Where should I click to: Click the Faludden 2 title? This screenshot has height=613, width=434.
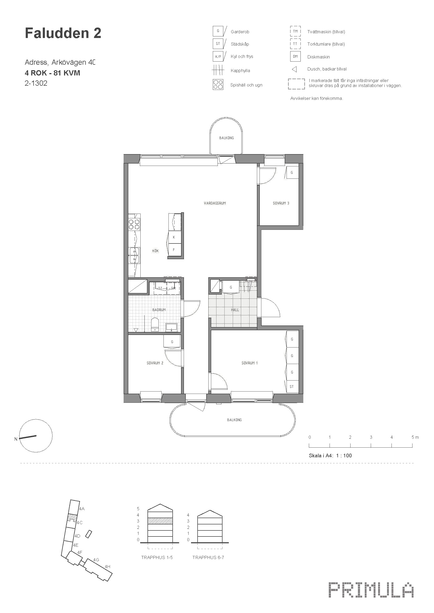click(63, 33)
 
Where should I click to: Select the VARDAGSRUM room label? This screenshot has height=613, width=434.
click(215, 203)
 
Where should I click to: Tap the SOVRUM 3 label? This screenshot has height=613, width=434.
click(281, 203)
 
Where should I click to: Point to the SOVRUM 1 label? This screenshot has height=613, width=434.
click(250, 363)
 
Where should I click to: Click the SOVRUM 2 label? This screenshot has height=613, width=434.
click(155, 363)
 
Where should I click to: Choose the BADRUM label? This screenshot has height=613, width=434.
click(159, 310)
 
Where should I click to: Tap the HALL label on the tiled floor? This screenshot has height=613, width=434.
click(235, 310)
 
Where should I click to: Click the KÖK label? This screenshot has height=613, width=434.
click(156, 251)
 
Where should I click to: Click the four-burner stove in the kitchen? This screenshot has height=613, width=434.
click(134, 224)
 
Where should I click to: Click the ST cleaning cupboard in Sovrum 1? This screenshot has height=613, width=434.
click(292, 387)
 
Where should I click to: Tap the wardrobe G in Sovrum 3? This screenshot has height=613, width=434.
click(292, 172)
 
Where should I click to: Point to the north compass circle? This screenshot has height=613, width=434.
click(36, 436)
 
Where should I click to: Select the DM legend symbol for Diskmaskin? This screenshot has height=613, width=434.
click(295, 57)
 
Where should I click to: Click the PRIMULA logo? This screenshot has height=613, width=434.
click(371, 590)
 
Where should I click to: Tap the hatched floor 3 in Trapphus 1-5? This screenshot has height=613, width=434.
click(160, 521)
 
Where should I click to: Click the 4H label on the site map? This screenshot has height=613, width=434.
click(107, 567)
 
